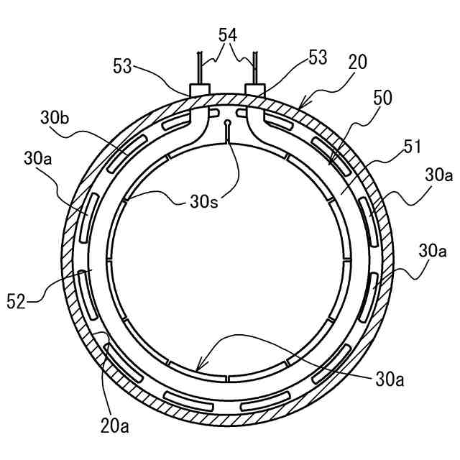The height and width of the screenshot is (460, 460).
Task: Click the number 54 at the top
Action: pos(228,34)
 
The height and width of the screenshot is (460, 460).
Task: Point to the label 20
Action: pos(356,63)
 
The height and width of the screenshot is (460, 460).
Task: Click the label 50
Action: pos(382,98)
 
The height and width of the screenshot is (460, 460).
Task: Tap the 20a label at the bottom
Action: pos(115,427)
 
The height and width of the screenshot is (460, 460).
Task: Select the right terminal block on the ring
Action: pos(255,90)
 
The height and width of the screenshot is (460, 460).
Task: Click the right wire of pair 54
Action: pos(254,68)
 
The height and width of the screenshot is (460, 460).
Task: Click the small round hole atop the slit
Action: pos(227,123)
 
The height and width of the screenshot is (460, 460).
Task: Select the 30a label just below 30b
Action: pos(38,157)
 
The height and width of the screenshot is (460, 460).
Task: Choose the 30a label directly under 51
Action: pos(438,175)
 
